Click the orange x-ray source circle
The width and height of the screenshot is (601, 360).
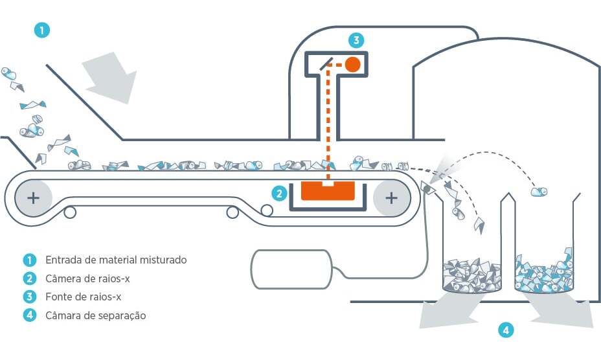click(x=352, y=64)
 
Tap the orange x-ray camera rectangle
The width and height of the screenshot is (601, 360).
click(x=328, y=192)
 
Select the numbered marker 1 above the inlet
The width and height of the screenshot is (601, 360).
click(x=42, y=30)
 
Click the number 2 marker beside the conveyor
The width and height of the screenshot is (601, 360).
click(x=279, y=192)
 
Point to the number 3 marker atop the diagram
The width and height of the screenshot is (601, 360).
click(x=356, y=40)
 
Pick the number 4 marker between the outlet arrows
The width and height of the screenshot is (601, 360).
click(x=506, y=330)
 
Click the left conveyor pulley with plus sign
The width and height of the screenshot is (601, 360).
click(x=32, y=197)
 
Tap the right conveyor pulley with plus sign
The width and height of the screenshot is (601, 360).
click(x=391, y=197)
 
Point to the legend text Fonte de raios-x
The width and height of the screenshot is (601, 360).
click(x=83, y=297)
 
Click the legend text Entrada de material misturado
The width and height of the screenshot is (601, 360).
click(x=116, y=260)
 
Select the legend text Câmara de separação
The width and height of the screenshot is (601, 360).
click(x=95, y=316)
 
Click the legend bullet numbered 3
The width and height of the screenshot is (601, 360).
click(x=29, y=297)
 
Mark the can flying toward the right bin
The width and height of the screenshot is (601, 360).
click(x=538, y=191)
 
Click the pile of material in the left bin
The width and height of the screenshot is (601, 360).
click(x=471, y=275)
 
